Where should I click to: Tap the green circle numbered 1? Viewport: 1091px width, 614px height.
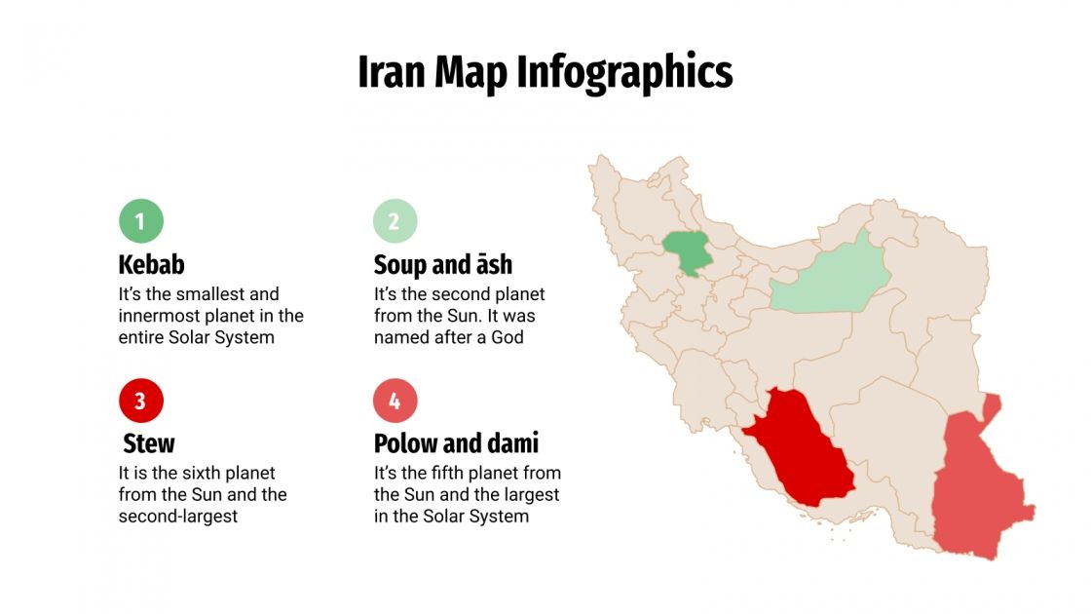coord(141,221)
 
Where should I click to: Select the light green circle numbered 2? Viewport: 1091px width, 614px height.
coord(395,221)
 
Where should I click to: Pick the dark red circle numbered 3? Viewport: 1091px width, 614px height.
coord(141,401)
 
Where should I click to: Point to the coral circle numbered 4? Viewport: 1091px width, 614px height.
coord(395,401)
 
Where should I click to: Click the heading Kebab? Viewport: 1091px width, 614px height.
coord(151,264)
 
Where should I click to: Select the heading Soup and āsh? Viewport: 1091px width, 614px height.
coord(443,264)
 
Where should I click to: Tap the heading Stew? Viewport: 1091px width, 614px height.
coord(149,443)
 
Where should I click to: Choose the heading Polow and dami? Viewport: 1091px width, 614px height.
coord(456,443)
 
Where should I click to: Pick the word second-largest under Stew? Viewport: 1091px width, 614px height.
coord(178,516)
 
